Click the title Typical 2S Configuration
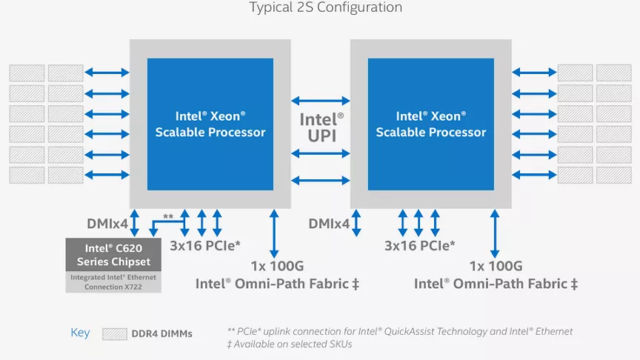tap(326, 7)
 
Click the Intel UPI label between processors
tap(321, 127)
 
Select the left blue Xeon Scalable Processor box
tap(210, 124)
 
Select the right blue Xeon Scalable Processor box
tap(431, 124)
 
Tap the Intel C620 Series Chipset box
tap(113, 255)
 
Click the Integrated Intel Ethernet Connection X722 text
tap(113, 282)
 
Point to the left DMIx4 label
tap(107, 224)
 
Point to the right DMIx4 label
tap(329, 224)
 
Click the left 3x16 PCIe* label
tap(205, 246)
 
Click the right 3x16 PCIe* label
tap(419, 246)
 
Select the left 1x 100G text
tap(277, 266)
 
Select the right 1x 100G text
tap(496, 266)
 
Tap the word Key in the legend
tap(80, 333)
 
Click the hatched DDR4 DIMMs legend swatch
tap(115, 334)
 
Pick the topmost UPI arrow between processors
tap(321, 101)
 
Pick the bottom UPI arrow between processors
tap(321, 180)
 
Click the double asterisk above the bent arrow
tap(168, 217)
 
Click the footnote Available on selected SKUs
tap(290, 344)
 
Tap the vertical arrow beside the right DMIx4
tap(356, 223)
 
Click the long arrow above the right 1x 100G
tap(495, 234)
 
